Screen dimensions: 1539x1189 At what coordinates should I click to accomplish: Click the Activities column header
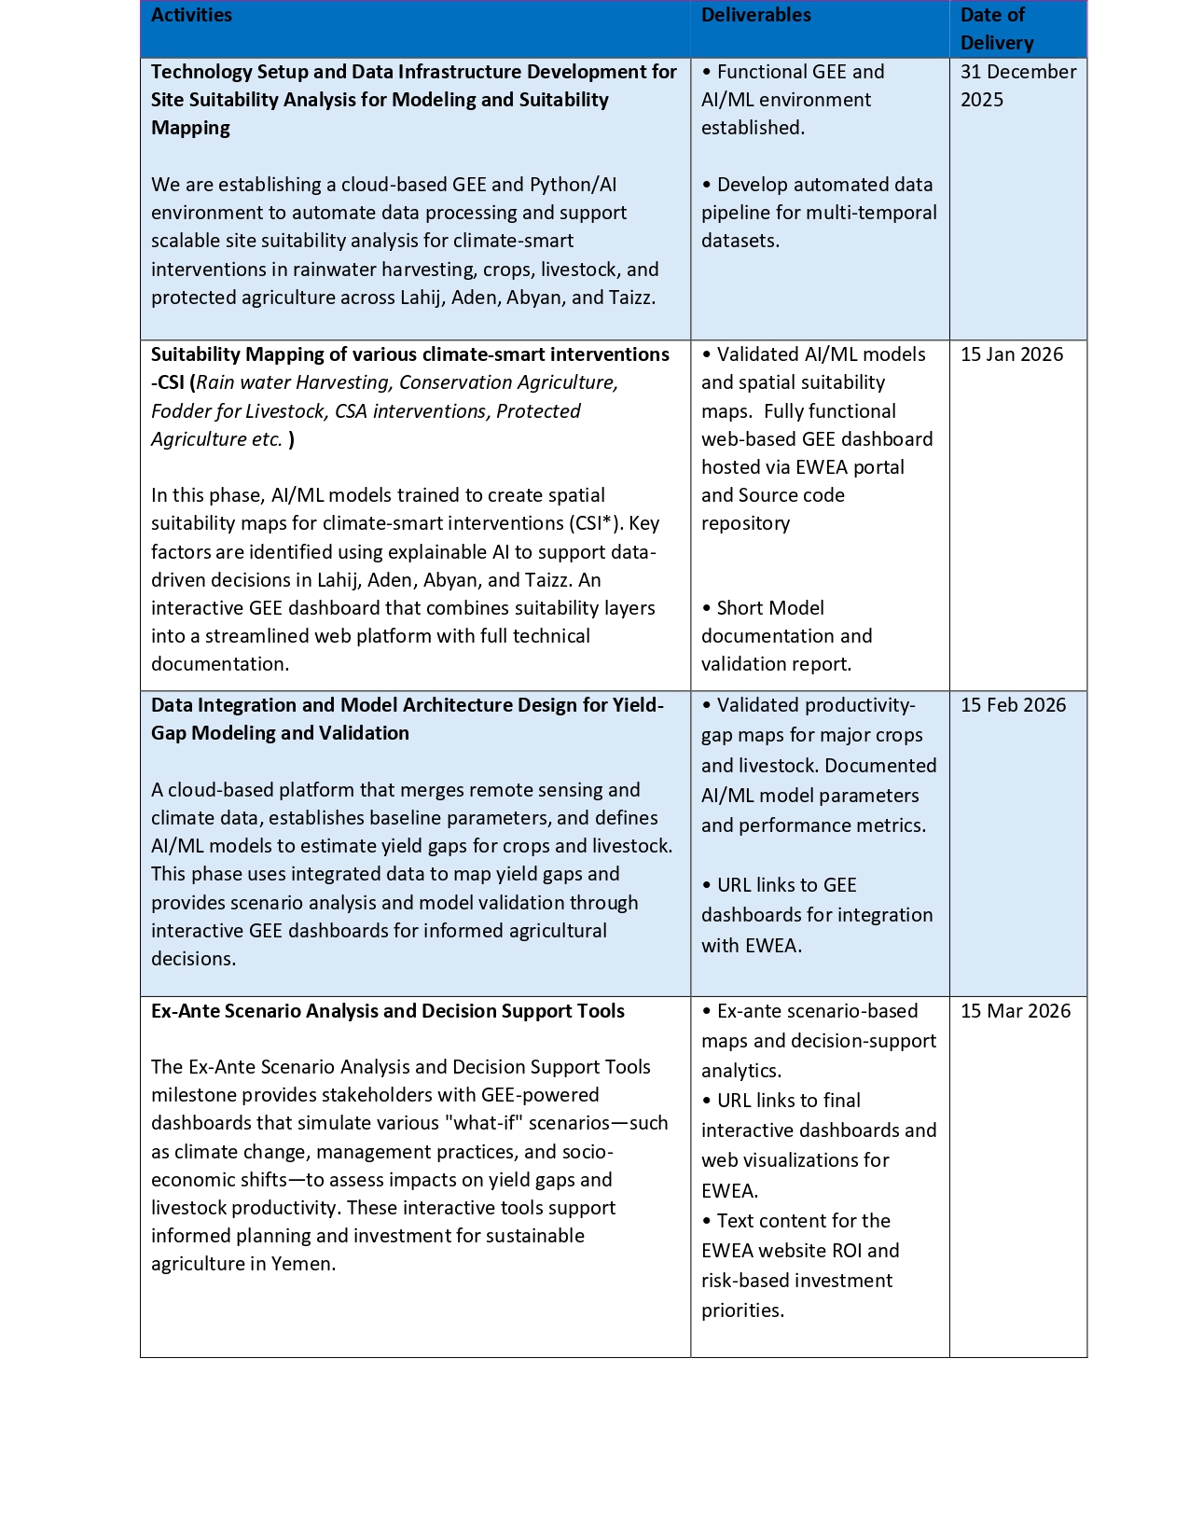click(191, 15)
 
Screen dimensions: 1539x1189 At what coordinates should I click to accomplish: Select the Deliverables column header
click(755, 15)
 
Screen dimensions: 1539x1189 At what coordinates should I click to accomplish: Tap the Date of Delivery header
click(996, 29)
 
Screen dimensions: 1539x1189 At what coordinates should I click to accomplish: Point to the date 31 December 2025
click(1017, 86)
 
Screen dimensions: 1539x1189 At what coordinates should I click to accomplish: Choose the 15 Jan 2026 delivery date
click(1011, 354)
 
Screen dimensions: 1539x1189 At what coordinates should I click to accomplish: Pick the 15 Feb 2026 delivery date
click(1013, 705)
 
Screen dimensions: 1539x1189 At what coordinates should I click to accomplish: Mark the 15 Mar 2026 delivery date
click(1015, 1011)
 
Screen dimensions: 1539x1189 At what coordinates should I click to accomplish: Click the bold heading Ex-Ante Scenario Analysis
click(387, 1011)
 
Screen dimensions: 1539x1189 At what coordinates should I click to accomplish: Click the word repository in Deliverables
click(745, 523)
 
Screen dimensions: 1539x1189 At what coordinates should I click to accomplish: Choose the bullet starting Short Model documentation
click(786, 636)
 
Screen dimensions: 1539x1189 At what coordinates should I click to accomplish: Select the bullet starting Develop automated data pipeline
click(819, 213)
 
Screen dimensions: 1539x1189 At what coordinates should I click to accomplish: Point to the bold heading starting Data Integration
click(407, 719)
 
